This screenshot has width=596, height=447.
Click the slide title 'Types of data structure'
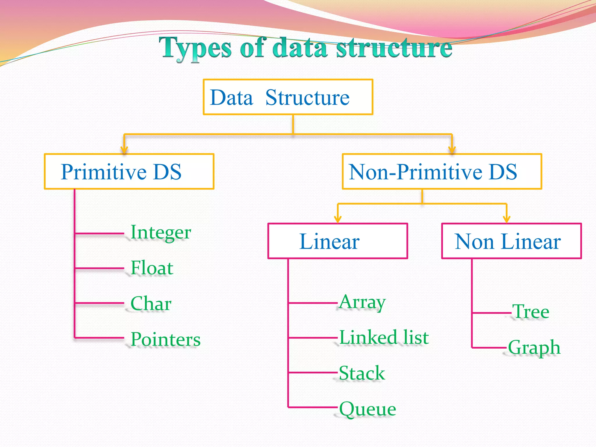pyautogui.click(x=306, y=48)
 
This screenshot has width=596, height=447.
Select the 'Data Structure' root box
pyautogui.click(x=288, y=97)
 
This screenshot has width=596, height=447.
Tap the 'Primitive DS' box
pyautogui.click(x=129, y=171)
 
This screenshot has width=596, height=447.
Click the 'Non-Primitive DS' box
pyautogui.click(x=441, y=171)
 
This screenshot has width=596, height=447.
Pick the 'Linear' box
pyautogui.click(x=337, y=241)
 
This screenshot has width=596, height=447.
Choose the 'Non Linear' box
pyautogui.click(x=511, y=241)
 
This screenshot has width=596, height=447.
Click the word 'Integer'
pyautogui.click(x=161, y=233)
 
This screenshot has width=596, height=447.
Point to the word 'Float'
pyautogui.click(x=152, y=268)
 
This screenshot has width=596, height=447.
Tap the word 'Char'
pyautogui.click(x=151, y=303)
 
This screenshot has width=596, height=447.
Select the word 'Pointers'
pyautogui.click(x=165, y=339)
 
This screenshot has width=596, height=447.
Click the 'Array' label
pyautogui.click(x=362, y=302)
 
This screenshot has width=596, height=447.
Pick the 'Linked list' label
pyautogui.click(x=384, y=337)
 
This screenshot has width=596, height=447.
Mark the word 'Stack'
pyautogui.click(x=362, y=373)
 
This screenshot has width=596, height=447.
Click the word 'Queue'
pyautogui.click(x=368, y=409)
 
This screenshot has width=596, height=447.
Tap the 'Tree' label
pyautogui.click(x=531, y=312)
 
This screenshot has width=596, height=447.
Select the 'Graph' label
pyautogui.click(x=534, y=347)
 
